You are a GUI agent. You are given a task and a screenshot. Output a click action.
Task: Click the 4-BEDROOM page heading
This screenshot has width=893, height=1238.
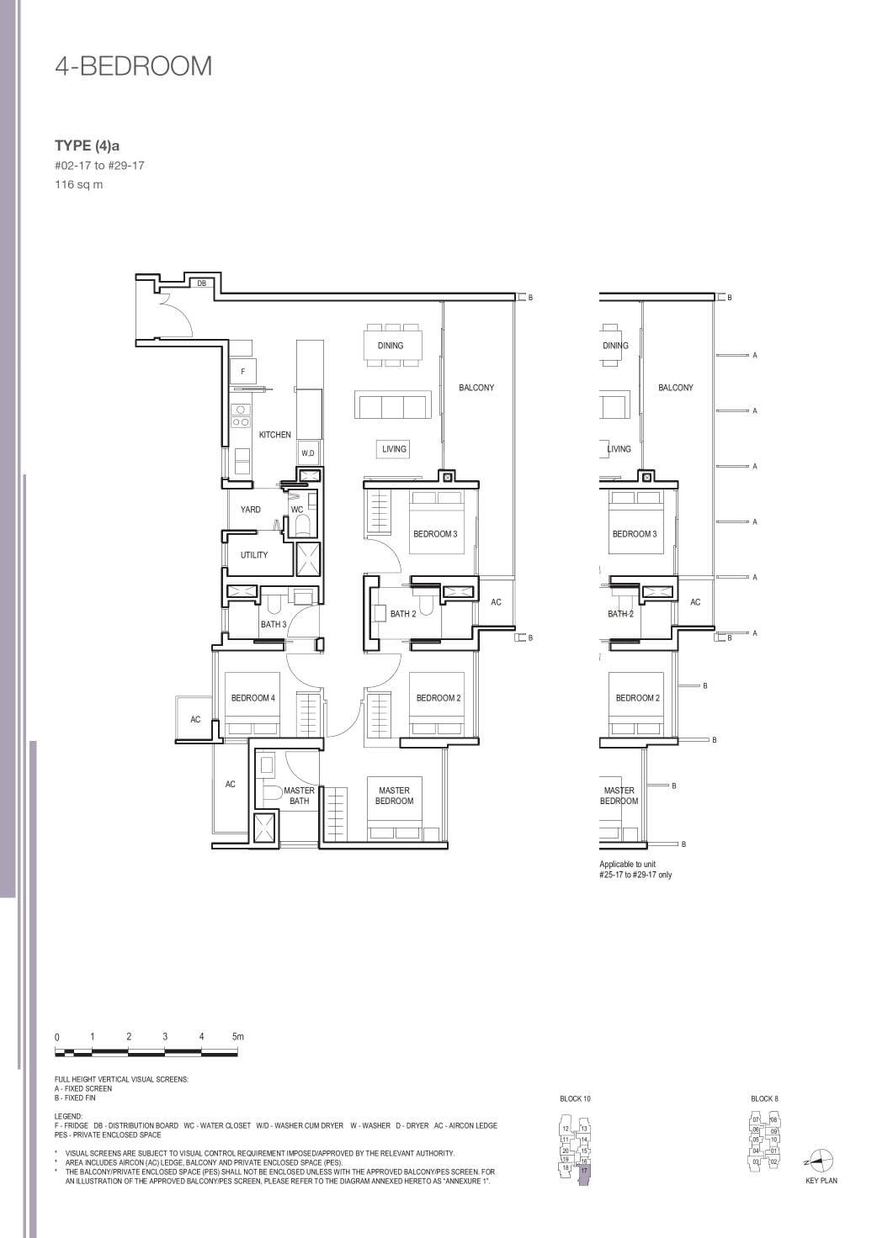pyautogui.click(x=133, y=66)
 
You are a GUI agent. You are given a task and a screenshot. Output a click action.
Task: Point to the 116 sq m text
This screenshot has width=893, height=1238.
pyautogui.click(x=78, y=185)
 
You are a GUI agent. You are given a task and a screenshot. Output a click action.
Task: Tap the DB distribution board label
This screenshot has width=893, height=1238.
pyautogui.click(x=201, y=283)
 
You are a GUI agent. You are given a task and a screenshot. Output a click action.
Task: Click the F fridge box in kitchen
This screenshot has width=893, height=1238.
pyautogui.click(x=243, y=371)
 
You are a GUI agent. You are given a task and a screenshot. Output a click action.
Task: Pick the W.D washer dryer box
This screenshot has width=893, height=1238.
pyautogui.click(x=308, y=453)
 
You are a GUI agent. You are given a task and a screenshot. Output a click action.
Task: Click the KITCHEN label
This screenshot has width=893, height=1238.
pyautogui.click(x=274, y=435)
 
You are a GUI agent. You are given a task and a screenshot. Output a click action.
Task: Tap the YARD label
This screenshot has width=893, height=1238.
pyautogui.click(x=250, y=510)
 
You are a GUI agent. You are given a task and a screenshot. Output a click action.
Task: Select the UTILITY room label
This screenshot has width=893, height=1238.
pyautogui.click(x=253, y=555)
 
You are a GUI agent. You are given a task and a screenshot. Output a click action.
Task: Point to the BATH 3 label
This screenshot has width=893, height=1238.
pyautogui.click(x=273, y=624)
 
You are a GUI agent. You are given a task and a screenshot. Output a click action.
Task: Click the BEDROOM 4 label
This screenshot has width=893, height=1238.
pyautogui.click(x=252, y=698)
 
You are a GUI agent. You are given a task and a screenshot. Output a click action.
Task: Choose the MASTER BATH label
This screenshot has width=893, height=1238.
pyautogui.click(x=299, y=796)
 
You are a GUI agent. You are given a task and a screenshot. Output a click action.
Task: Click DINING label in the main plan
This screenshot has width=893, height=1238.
pyautogui.click(x=390, y=346)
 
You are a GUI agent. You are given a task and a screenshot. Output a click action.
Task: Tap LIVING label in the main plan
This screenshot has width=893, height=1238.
pyautogui.click(x=394, y=449)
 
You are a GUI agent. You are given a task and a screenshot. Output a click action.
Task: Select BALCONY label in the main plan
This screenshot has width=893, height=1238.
pyautogui.click(x=476, y=388)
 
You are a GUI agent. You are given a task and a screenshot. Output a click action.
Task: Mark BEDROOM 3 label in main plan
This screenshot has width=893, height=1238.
pyautogui.click(x=435, y=534)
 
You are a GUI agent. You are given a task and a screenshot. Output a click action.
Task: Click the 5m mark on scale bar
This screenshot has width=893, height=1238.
pyautogui.click(x=237, y=1037)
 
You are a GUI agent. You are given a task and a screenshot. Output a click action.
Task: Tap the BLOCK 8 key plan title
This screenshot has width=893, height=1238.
pyautogui.click(x=764, y=1099)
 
